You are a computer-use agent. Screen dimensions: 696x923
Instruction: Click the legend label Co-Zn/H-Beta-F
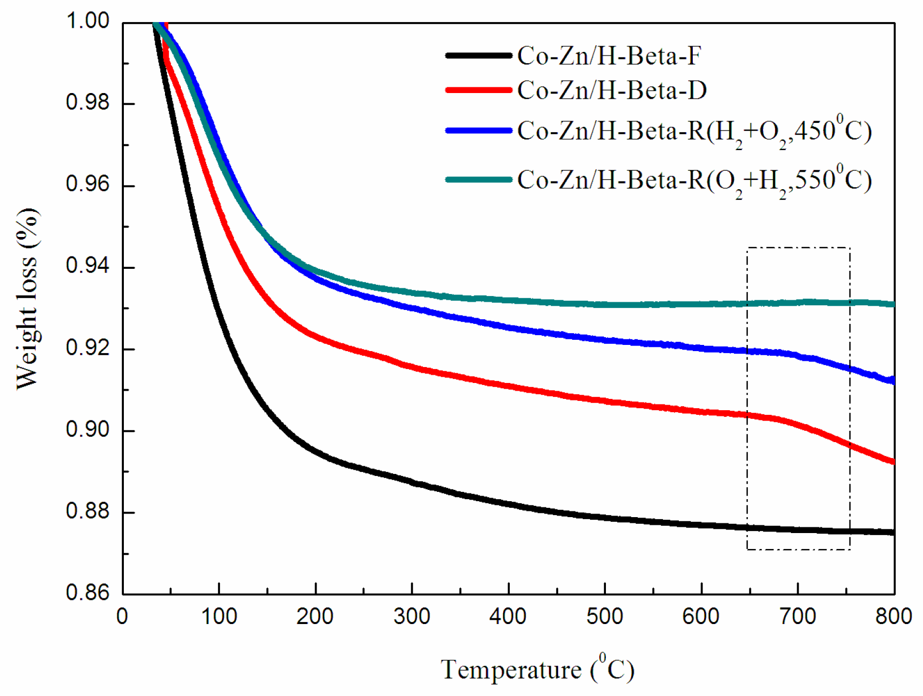pos(608,56)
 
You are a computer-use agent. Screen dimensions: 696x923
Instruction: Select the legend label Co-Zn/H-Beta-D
pos(612,90)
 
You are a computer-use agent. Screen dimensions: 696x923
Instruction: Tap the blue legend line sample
pos(478,131)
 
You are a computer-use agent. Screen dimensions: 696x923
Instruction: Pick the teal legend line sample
pos(478,179)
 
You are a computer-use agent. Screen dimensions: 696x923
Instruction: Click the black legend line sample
pos(478,56)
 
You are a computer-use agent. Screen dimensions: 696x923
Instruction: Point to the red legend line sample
pos(478,90)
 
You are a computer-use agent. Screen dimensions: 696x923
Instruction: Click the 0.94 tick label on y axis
pos(87,266)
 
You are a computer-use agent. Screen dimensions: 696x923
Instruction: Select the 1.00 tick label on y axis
pos(87,21)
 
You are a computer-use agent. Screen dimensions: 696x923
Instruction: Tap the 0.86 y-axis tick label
pos(87,593)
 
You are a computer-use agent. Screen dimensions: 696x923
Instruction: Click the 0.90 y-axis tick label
pos(87,429)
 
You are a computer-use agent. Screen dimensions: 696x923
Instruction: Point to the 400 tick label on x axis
pos(508,616)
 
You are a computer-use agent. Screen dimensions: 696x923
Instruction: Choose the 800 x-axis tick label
pos(893,616)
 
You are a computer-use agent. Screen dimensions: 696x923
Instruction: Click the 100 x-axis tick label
pos(219,616)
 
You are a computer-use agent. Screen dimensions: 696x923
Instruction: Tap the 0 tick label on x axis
pos(122,616)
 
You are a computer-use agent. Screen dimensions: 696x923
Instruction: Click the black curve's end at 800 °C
pos(893,533)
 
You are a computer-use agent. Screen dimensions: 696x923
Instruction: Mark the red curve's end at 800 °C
pos(893,462)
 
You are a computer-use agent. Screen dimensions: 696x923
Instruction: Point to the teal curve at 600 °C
pos(702,304)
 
